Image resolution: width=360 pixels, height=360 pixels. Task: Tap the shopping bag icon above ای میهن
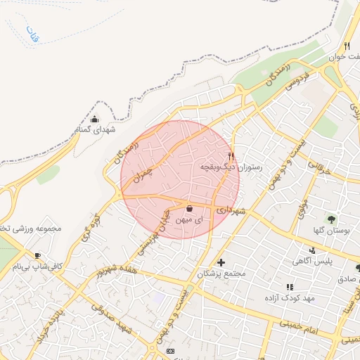(x=190, y=208)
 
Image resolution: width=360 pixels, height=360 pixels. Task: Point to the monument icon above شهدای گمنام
(x=95, y=119)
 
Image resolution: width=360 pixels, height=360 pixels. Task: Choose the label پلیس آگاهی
(x=313, y=261)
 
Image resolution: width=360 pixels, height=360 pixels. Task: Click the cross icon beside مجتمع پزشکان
(x=221, y=262)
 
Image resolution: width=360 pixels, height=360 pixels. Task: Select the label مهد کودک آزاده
(x=290, y=298)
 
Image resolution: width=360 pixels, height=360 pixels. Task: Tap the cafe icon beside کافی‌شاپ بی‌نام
(x=37, y=255)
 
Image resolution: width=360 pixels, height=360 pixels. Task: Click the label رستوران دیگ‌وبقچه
(x=231, y=167)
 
